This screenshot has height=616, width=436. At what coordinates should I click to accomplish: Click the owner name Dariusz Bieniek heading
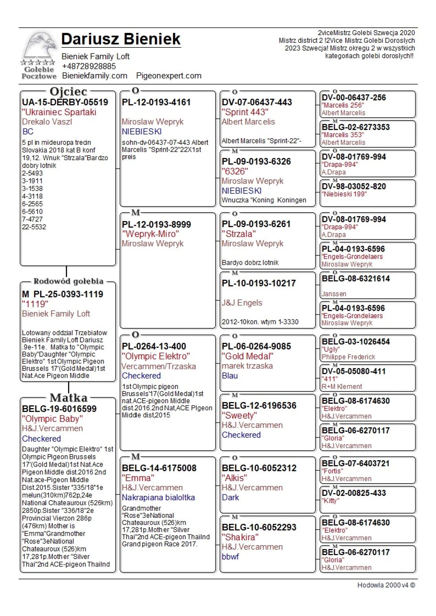click(x=121, y=39)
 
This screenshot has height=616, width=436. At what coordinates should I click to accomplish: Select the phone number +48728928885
click(x=89, y=66)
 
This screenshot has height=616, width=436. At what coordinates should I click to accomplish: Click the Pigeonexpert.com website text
click(x=169, y=76)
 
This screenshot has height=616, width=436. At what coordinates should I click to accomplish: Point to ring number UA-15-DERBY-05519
click(x=65, y=102)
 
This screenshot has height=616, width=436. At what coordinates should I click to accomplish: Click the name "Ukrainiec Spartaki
click(x=59, y=112)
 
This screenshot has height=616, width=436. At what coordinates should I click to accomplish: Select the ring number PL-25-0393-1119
click(x=68, y=294)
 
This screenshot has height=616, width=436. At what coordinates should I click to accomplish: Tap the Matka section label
click(x=68, y=398)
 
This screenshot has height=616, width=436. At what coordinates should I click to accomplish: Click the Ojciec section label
click(x=68, y=91)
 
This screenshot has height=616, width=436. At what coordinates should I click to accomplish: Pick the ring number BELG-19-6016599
click(x=59, y=409)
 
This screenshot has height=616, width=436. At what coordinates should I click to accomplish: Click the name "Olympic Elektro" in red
click(x=156, y=356)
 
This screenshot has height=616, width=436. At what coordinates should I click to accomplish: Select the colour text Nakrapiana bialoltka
click(x=158, y=497)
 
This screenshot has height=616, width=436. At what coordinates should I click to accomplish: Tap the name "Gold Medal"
click(x=247, y=356)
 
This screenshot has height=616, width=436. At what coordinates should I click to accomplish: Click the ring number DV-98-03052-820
click(x=354, y=186)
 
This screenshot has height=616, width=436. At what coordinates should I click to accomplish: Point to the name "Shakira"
click(x=240, y=537)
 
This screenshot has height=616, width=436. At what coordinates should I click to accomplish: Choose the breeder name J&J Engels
click(x=242, y=303)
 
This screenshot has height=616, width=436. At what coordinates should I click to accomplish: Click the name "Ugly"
click(x=331, y=349)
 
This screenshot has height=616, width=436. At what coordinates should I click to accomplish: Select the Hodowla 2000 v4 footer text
click(x=386, y=585)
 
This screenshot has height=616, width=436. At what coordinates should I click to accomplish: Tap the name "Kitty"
click(x=330, y=500)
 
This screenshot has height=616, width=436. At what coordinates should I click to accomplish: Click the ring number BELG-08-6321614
click(x=356, y=278)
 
